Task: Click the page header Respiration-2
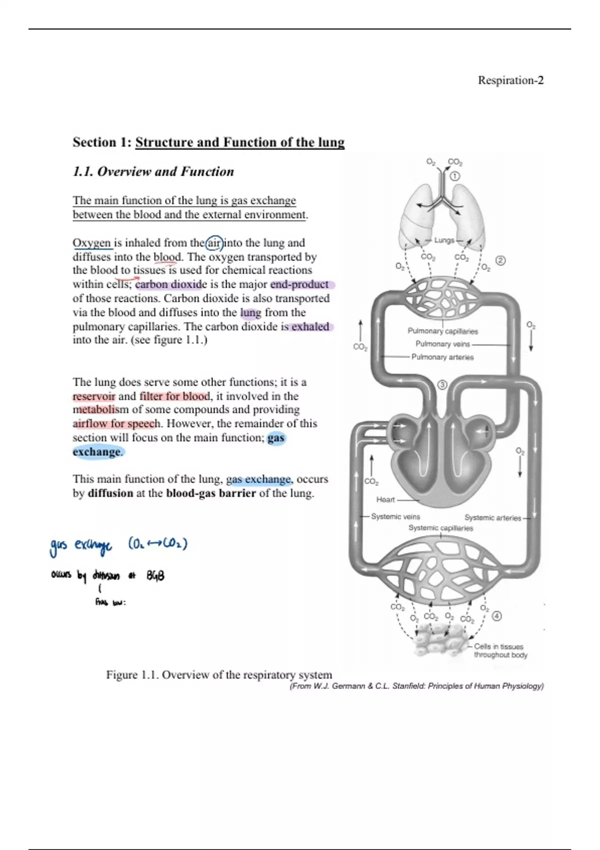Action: pyautogui.click(x=510, y=80)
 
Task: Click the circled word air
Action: pyautogui.click(x=214, y=243)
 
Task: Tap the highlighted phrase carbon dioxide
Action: pyautogui.click(x=170, y=284)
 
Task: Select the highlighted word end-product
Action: pyautogui.click(x=300, y=284)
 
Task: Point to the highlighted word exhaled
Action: pyautogui.click(x=310, y=327)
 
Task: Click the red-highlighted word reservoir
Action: pyautogui.click(x=94, y=396)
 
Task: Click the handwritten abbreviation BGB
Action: pyautogui.click(x=155, y=576)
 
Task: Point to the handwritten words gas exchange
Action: pyautogui.click(x=81, y=545)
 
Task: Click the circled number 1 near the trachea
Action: pyautogui.click(x=454, y=176)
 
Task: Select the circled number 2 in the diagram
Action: pyautogui.click(x=500, y=260)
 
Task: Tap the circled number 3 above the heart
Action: pyautogui.click(x=442, y=384)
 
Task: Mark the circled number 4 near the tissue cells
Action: pyautogui.click(x=496, y=616)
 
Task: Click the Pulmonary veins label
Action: pyautogui.click(x=442, y=344)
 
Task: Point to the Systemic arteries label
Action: pyautogui.click(x=492, y=518)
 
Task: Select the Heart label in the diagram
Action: pyautogui.click(x=385, y=499)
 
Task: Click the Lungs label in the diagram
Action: pyautogui.click(x=444, y=240)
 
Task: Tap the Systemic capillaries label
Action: pyautogui.click(x=440, y=528)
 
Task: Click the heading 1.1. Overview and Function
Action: pyautogui.click(x=153, y=172)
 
